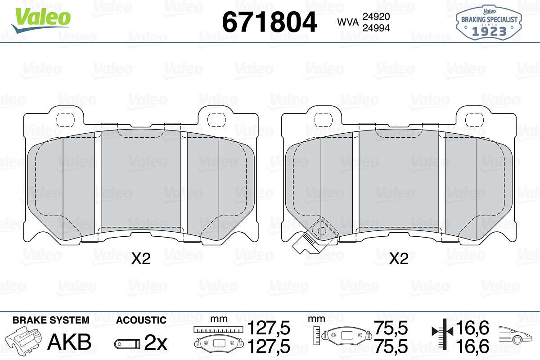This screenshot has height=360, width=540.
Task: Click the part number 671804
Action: (x=269, y=22)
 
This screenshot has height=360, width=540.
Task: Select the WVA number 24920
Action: (x=376, y=17)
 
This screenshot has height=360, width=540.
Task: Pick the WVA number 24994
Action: (x=376, y=28)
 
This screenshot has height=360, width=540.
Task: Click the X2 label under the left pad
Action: (x=141, y=258)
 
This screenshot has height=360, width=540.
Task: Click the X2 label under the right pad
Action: (x=399, y=258)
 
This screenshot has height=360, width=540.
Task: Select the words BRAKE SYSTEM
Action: (x=51, y=320)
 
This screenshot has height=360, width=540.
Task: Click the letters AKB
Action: (x=69, y=342)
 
